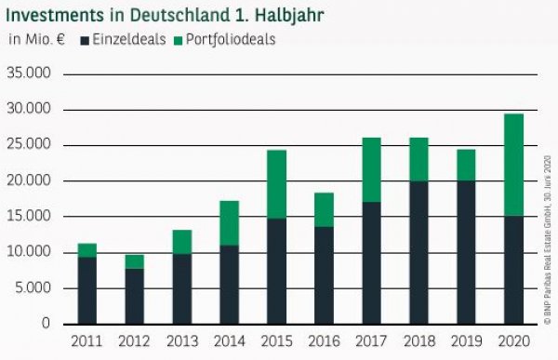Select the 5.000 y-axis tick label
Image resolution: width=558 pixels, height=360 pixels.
click(x=33, y=288)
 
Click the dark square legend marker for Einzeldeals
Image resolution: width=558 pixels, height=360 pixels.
click(x=85, y=40)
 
